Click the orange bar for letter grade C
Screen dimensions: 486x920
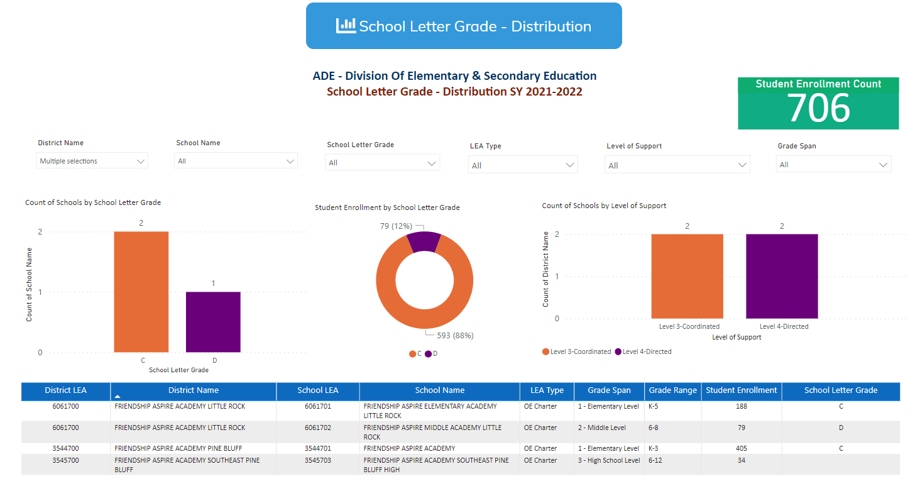click(141, 292)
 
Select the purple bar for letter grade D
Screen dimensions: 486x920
click(213, 322)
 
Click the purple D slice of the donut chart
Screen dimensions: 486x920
click(424, 241)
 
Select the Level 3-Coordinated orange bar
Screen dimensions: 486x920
click(687, 276)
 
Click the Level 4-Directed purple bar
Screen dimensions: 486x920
click(782, 276)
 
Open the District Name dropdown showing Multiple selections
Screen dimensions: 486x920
click(92, 161)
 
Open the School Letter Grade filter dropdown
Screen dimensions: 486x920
click(382, 163)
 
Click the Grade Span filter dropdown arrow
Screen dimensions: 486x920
click(883, 165)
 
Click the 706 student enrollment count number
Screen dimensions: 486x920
click(818, 109)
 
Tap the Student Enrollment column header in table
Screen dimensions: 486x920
click(741, 390)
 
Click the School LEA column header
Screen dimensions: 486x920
click(317, 390)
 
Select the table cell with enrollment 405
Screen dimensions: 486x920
click(741, 448)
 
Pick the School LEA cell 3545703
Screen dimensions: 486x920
click(317, 460)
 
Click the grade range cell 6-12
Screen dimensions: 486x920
click(655, 460)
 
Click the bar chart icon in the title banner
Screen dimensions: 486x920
click(346, 26)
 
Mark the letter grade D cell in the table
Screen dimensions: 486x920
click(840, 428)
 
